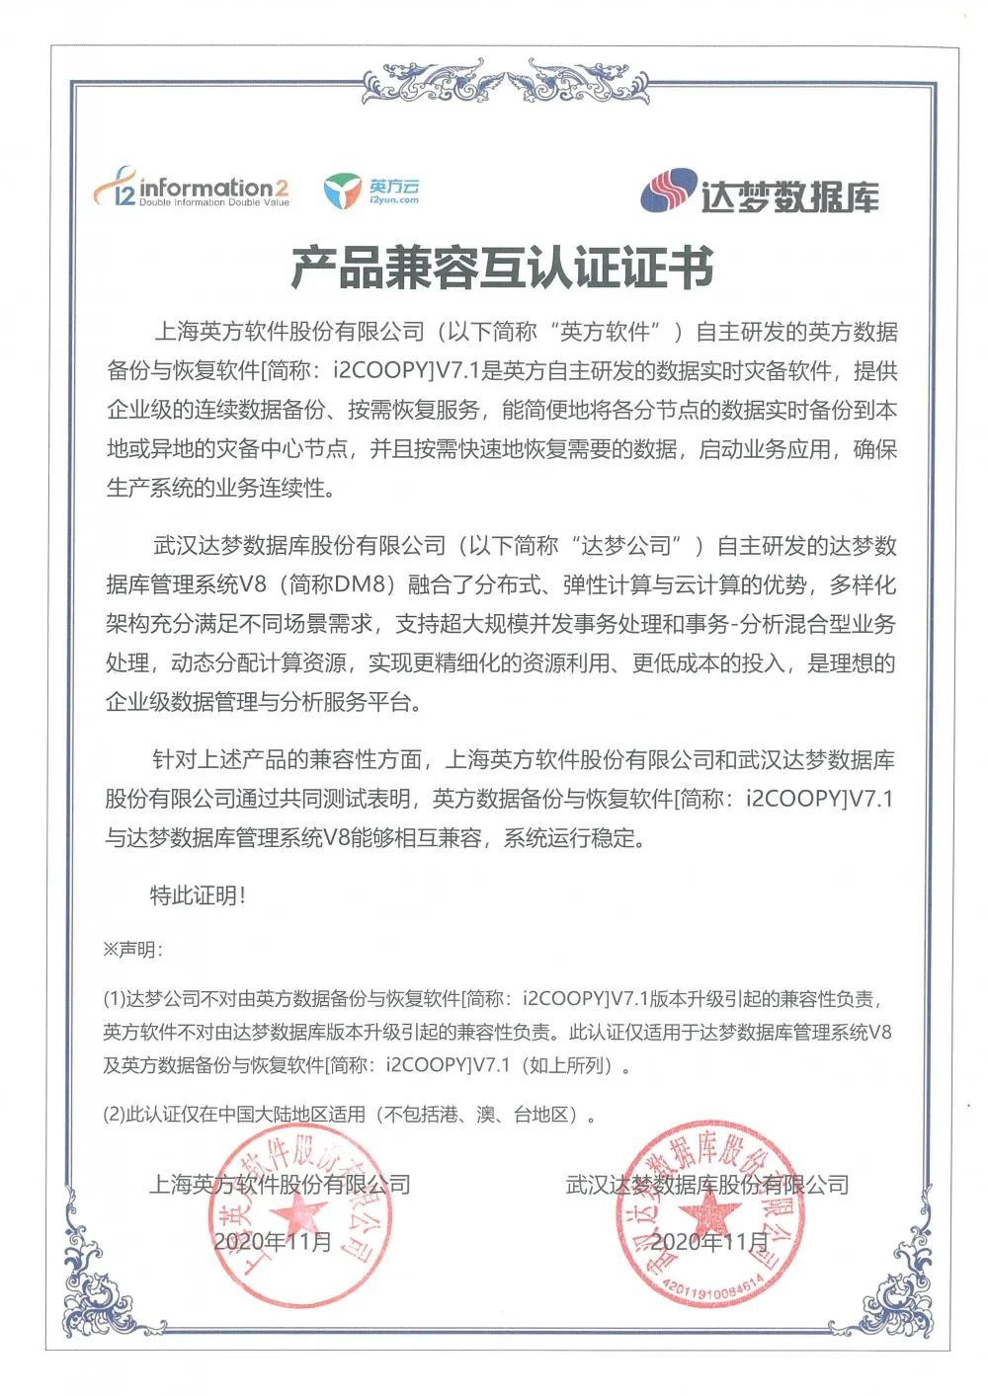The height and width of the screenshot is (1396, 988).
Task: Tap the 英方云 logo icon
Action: click(343, 192)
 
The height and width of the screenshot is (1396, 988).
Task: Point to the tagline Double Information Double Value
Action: click(213, 203)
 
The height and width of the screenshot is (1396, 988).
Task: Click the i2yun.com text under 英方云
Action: click(393, 200)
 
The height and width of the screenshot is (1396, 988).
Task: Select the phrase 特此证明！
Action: click(197, 896)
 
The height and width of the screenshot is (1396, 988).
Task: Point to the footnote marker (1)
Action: click(116, 999)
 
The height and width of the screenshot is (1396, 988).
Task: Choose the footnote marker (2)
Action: click(116, 1116)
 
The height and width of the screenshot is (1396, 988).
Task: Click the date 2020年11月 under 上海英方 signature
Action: click(273, 1241)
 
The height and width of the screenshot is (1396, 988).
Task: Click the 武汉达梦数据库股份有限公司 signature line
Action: click(707, 1184)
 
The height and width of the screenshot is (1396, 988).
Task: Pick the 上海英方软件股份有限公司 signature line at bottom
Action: click(280, 1184)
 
